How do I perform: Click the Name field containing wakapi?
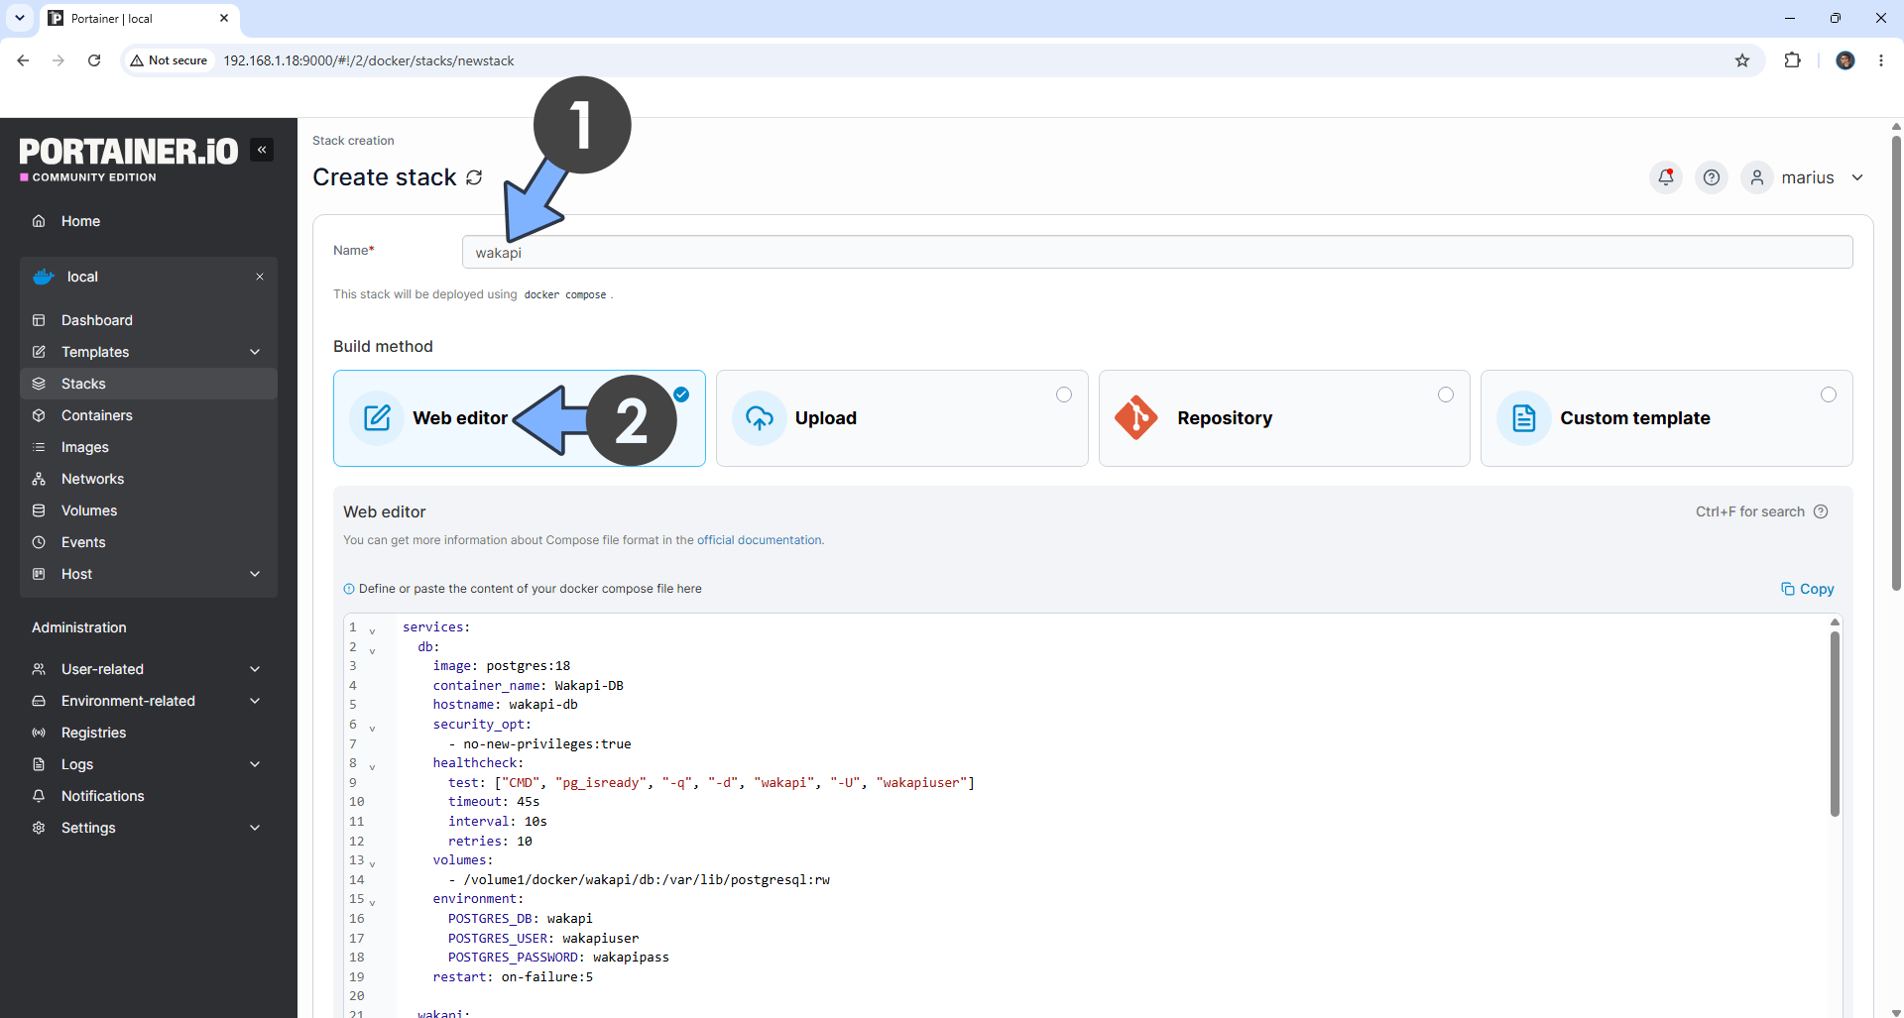pyautogui.click(x=1156, y=252)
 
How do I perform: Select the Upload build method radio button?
pyautogui.click(x=1064, y=395)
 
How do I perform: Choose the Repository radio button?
pyautogui.click(x=1446, y=395)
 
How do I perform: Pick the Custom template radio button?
pyautogui.click(x=1829, y=395)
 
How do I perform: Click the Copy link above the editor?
pyautogui.click(x=1808, y=589)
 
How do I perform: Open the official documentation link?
pyautogui.click(x=760, y=540)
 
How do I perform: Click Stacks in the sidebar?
pyautogui.click(x=83, y=384)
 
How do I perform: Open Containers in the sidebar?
pyautogui.click(x=96, y=415)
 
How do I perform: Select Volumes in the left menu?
pyautogui.click(x=89, y=510)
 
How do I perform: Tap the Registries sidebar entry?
pyautogui.click(x=93, y=733)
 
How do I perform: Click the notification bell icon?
pyautogui.click(x=1666, y=177)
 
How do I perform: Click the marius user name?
pyautogui.click(x=1808, y=177)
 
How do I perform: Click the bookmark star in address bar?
pyautogui.click(x=1742, y=60)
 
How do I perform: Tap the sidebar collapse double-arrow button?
pyautogui.click(x=262, y=150)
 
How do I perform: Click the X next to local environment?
pyautogui.click(x=260, y=277)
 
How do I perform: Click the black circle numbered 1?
pyautogui.click(x=582, y=125)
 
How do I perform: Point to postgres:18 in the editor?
pyautogui.click(x=528, y=666)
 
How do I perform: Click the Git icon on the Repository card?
pyautogui.click(x=1136, y=418)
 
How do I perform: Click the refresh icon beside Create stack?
pyautogui.click(x=474, y=177)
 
